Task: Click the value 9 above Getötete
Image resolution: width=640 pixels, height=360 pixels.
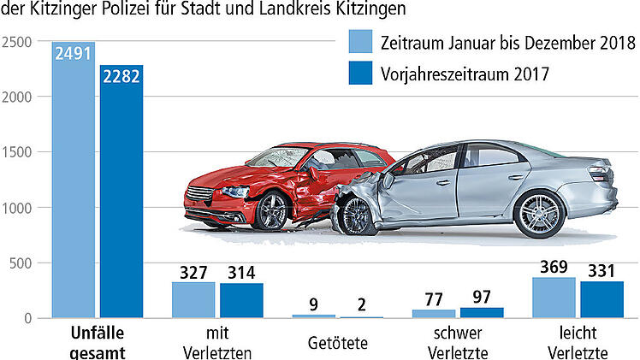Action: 314,303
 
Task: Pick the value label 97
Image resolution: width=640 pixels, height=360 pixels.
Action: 482,296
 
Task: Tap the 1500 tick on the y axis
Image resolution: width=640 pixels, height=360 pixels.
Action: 19,152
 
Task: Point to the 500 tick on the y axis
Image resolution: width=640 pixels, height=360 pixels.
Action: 23,263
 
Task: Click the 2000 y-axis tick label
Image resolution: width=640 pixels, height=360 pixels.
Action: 19,97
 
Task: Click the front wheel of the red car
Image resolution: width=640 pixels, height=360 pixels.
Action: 272,209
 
